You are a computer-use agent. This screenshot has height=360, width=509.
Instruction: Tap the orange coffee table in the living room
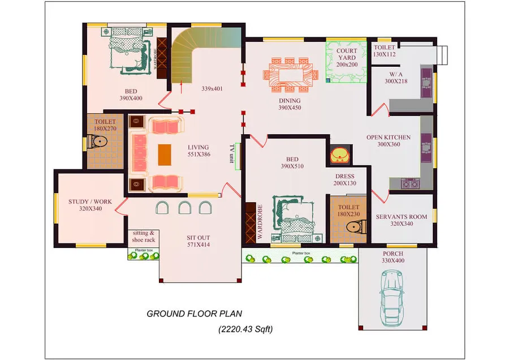(165, 155)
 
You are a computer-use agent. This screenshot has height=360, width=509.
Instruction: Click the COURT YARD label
(347, 54)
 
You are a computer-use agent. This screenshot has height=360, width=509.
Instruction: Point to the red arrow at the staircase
(181, 87)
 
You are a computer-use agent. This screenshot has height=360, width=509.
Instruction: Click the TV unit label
(232, 154)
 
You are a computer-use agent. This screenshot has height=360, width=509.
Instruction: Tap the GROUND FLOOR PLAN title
(194, 314)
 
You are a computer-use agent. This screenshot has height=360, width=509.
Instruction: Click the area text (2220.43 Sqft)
(245, 329)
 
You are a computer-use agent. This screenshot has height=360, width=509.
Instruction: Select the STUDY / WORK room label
(90, 202)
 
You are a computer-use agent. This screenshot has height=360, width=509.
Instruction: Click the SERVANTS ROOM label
(402, 217)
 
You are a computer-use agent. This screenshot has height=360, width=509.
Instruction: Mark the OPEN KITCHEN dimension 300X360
(389, 144)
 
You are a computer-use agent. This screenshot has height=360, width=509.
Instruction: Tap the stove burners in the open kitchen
(411, 183)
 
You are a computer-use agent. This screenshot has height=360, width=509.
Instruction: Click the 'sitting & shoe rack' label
(144, 237)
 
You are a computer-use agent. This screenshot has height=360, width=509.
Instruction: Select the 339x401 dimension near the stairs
(212, 88)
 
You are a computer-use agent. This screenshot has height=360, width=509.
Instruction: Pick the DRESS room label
(345, 176)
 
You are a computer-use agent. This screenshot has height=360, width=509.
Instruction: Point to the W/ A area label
(396, 74)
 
